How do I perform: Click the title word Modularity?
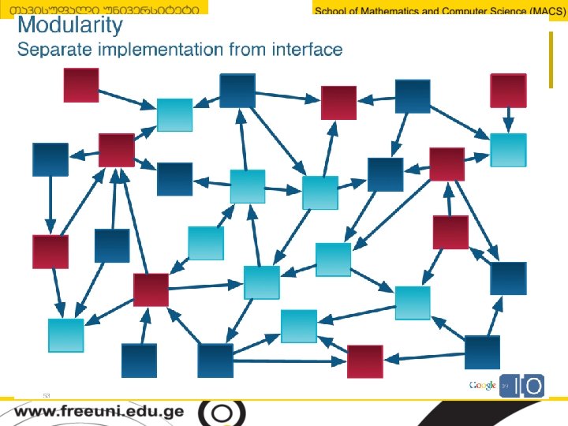[x=70, y=25]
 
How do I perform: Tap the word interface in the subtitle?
[x=306, y=50]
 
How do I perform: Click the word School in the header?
[x=332, y=10]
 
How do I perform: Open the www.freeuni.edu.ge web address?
[x=99, y=412]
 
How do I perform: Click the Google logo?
[x=482, y=385]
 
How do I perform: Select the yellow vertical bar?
[x=551, y=60]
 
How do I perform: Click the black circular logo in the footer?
[x=222, y=413]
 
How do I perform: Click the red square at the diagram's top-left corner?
[x=81, y=85]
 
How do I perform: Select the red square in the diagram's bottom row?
[x=365, y=361]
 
